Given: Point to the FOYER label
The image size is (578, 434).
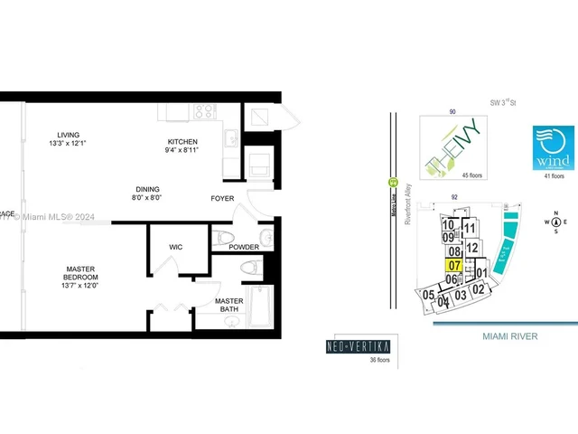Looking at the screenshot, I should coord(222,197).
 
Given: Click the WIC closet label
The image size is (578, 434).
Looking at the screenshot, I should coord(177,246).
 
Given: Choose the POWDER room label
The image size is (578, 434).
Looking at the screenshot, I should coord(243,247).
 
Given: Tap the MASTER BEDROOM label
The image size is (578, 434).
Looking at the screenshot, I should coord(80,273).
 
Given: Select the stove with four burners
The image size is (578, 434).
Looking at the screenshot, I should coord(204,113).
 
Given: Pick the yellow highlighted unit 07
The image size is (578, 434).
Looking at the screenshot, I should coord(454,266).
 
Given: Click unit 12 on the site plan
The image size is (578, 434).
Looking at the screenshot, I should coord(471,248).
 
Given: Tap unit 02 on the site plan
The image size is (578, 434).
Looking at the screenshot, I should coord(480,289).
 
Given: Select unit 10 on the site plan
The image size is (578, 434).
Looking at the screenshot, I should coord(448,224).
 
